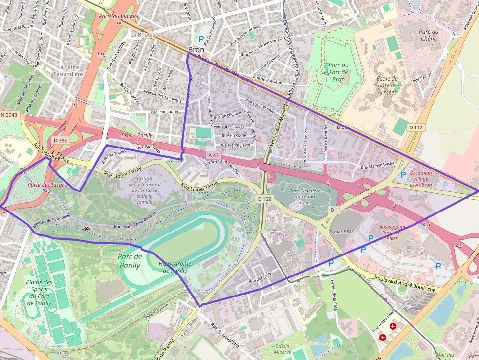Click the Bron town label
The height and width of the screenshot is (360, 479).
196,50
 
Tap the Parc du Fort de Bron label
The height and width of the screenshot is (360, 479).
338,72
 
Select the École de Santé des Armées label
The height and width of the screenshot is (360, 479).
388,85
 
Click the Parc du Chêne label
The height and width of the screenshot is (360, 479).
428,35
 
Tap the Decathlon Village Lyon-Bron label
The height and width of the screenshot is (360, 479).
420,179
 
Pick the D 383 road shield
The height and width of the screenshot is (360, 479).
60,141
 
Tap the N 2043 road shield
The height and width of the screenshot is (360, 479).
9,115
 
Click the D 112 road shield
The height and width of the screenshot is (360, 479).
415,127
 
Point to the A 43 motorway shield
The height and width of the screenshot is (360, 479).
213,155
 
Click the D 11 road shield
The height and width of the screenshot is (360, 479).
335,210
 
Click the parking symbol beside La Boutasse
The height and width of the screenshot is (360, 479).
201,38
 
